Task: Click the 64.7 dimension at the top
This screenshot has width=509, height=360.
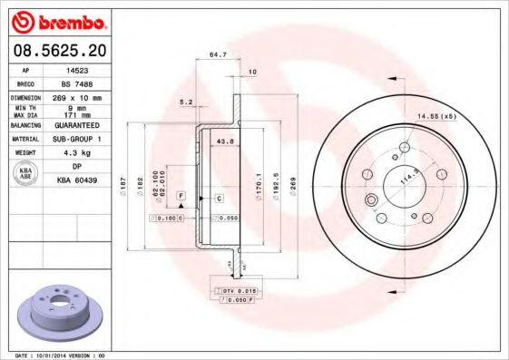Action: (218, 55)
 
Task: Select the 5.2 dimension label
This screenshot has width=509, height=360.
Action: (186, 102)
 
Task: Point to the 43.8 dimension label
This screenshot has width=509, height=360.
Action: (227, 141)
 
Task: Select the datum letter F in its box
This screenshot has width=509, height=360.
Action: (181, 196)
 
